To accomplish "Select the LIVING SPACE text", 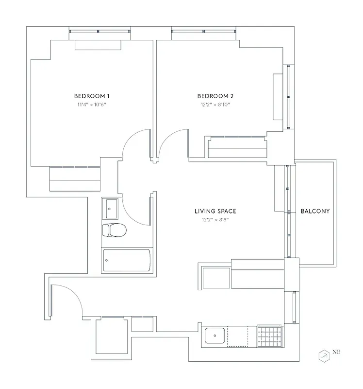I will point(215,211).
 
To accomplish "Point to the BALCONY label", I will point(315,211).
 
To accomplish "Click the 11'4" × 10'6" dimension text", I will point(91,105).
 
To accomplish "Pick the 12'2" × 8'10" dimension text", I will point(214,105).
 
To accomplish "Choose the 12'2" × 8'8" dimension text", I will point(215,220).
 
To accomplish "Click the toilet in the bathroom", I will point(115,230).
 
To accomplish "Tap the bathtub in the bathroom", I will point(126,261).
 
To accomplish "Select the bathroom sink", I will point(111,209).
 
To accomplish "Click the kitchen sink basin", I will point(214,336).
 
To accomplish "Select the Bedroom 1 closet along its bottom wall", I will point(75,179).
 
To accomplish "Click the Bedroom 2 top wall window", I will point(204,32).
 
